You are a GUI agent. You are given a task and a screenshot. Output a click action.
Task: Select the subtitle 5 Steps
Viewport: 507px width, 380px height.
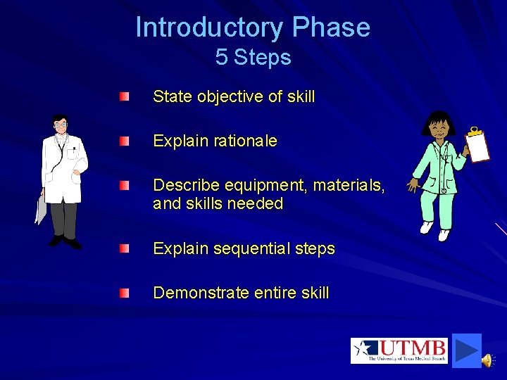(x=253, y=57)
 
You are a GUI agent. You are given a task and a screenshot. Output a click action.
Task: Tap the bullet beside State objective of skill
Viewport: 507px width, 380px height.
(x=124, y=96)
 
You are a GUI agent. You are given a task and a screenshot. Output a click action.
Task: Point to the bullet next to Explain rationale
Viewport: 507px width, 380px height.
(x=124, y=141)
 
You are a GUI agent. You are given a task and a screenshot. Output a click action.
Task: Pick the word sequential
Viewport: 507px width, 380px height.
(x=249, y=248)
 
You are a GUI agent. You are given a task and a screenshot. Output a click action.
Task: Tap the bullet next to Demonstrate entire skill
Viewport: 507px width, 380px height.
(x=124, y=292)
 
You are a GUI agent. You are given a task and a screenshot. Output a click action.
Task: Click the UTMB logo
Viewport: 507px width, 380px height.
(x=399, y=350)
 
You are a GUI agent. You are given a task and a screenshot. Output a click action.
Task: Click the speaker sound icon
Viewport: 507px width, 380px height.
(x=487, y=360)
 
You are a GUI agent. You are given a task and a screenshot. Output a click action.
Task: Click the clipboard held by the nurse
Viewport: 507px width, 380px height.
(x=479, y=146)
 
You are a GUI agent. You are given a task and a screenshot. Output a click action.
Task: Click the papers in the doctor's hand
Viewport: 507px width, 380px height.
(x=41, y=209)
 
